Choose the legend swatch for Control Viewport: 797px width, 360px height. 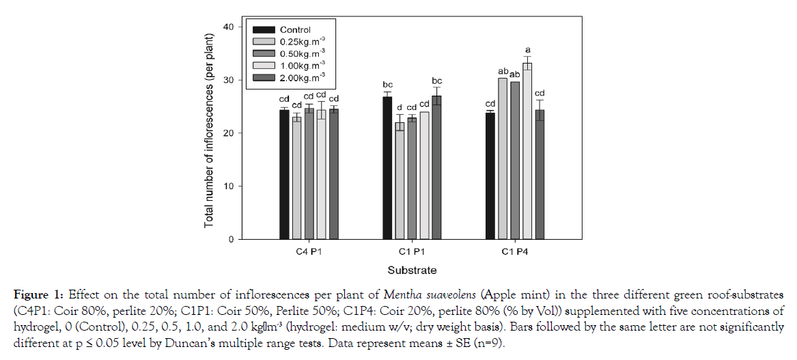click(264, 30)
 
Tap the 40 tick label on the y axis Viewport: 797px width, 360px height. click(228, 27)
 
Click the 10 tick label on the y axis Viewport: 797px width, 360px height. click(228, 186)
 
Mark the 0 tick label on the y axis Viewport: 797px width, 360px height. click(231, 240)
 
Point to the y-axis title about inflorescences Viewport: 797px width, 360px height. click(210, 133)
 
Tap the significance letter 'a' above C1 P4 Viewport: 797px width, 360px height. click(527, 50)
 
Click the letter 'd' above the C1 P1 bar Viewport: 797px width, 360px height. click(400, 107)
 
